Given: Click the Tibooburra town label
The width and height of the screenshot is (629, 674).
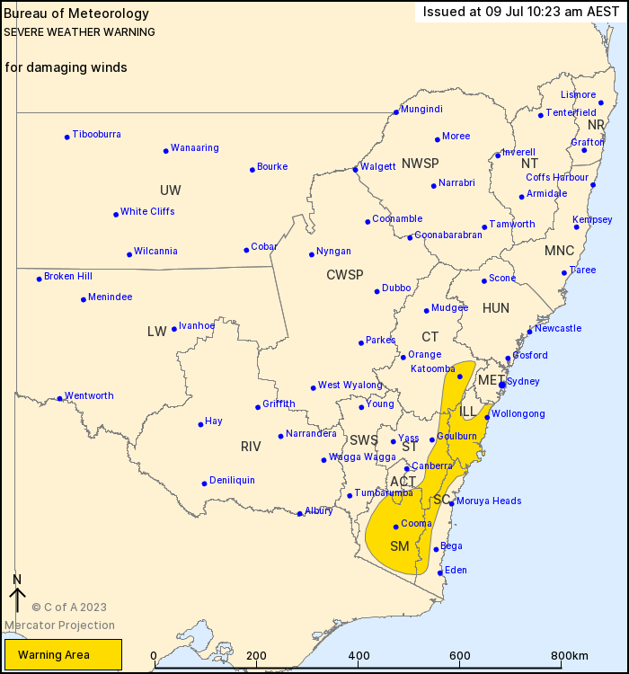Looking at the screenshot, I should (x=96, y=135).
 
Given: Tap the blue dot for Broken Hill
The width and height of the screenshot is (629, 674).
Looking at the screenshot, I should (x=40, y=279).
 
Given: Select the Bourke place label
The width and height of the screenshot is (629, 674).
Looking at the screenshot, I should (x=272, y=166).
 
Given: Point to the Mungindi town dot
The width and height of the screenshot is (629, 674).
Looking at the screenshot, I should (x=395, y=112).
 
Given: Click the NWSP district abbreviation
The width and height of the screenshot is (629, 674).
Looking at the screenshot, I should (x=420, y=164).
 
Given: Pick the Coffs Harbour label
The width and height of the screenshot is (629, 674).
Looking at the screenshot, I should (x=557, y=178).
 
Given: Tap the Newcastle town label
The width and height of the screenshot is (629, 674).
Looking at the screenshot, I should (x=558, y=328).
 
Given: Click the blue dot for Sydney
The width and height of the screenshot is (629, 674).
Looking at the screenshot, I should (x=502, y=385).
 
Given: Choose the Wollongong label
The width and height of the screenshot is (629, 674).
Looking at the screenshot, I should (x=518, y=414).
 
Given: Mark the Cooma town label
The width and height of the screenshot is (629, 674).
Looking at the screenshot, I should (x=417, y=524).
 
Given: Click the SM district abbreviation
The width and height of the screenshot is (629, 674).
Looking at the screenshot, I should (x=399, y=546).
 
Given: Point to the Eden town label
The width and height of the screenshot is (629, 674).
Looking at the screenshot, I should (x=456, y=570).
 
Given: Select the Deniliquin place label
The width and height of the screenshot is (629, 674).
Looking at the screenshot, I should (x=232, y=481).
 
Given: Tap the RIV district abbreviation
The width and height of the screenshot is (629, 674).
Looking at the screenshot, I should (x=251, y=447).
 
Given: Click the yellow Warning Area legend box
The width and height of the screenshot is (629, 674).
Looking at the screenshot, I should (x=63, y=654).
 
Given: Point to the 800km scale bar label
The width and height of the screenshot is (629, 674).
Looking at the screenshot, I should (x=570, y=656).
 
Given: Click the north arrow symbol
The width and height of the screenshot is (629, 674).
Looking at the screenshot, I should (x=16, y=596).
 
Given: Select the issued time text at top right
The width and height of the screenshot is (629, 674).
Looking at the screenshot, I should (x=519, y=13).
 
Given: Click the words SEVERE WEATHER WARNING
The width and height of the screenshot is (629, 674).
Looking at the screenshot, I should (x=79, y=32).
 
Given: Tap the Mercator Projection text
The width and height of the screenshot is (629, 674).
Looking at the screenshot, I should (x=60, y=625).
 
